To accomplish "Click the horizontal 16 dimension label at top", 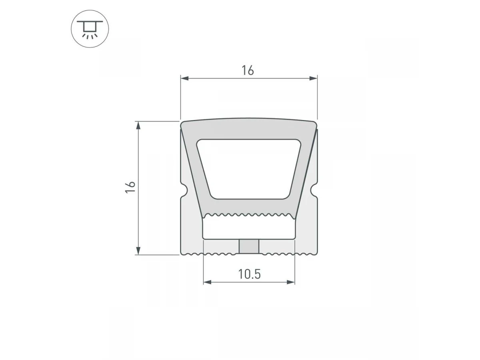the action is click(248, 70).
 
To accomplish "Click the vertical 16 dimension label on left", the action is click(130, 187).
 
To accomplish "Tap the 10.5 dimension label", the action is click(249, 274).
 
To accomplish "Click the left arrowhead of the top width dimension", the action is click(184, 78).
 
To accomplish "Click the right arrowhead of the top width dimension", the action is click(313, 78).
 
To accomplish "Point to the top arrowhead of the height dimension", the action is click(138, 126).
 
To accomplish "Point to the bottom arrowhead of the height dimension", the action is click(138, 251).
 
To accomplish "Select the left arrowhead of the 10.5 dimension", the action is click(208, 282).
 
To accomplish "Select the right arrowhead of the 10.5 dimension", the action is click(291, 282).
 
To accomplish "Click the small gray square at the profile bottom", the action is click(249, 246).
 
